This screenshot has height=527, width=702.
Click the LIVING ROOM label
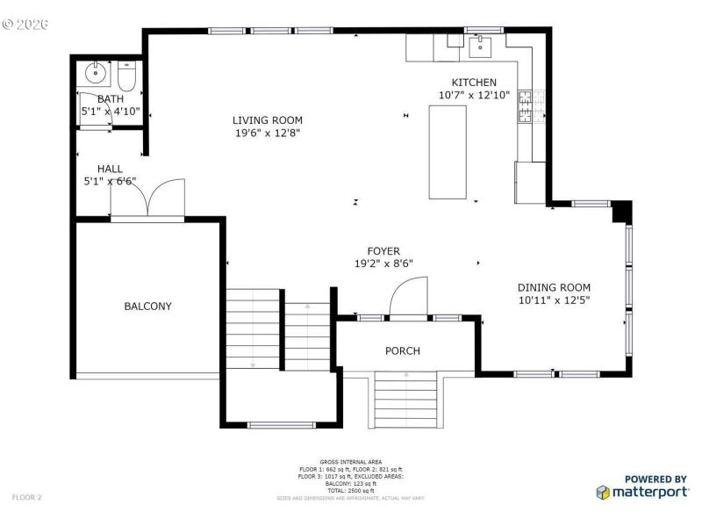click(x=268, y=120)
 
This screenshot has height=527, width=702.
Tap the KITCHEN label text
click(x=474, y=82)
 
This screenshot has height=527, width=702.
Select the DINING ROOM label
click(x=554, y=287)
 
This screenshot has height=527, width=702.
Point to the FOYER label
click(x=383, y=250)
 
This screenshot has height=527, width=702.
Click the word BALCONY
click(x=147, y=307)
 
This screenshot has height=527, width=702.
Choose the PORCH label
click(x=403, y=350)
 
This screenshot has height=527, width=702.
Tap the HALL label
click(x=110, y=169)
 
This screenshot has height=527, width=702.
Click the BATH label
click(x=111, y=99)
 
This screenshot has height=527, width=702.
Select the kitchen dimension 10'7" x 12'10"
click(x=474, y=95)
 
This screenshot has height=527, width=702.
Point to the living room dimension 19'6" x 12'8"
click(x=268, y=134)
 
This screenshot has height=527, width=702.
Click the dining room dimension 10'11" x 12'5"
click(x=554, y=300)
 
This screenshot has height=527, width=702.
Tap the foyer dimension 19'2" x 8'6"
click(x=383, y=263)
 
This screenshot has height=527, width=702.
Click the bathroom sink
click(x=93, y=72)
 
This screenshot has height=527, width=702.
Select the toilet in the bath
click(x=125, y=78)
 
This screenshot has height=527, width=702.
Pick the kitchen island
click(x=447, y=151)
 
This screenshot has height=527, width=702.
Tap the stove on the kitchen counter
click(x=526, y=107)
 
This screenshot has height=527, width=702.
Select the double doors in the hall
click(x=147, y=199)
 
